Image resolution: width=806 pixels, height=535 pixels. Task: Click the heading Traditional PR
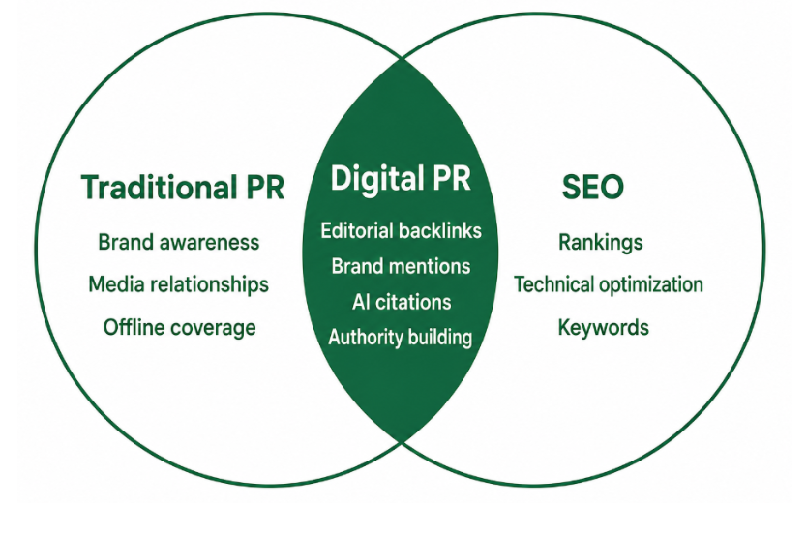tap(183, 187)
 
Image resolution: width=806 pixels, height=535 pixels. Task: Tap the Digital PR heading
tap(401, 179)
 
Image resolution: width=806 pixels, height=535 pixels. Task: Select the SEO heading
tap(593, 187)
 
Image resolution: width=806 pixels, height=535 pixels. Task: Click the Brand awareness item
tap(179, 243)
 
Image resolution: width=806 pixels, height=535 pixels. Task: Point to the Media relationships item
tap(178, 284)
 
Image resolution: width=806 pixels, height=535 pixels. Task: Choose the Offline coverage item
tap(179, 328)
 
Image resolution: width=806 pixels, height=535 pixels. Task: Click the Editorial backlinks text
tap(401, 231)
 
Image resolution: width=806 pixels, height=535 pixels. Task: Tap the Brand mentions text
tap(401, 266)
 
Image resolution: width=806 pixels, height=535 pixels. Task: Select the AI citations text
tap(402, 302)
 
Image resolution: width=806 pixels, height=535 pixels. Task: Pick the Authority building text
tap(401, 338)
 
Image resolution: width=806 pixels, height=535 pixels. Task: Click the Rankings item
tap(600, 243)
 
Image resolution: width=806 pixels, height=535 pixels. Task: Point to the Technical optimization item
tap(609, 284)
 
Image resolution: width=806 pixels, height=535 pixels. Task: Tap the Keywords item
tap(604, 328)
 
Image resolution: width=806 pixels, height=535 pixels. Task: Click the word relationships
tap(210, 284)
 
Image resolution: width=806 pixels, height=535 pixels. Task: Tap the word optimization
tap(651, 284)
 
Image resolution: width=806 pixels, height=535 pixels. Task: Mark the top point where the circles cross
tap(402, 58)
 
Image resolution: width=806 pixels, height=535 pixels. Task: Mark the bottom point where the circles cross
tap(402, 442)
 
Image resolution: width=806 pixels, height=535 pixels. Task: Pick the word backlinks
tap(440, 231)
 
